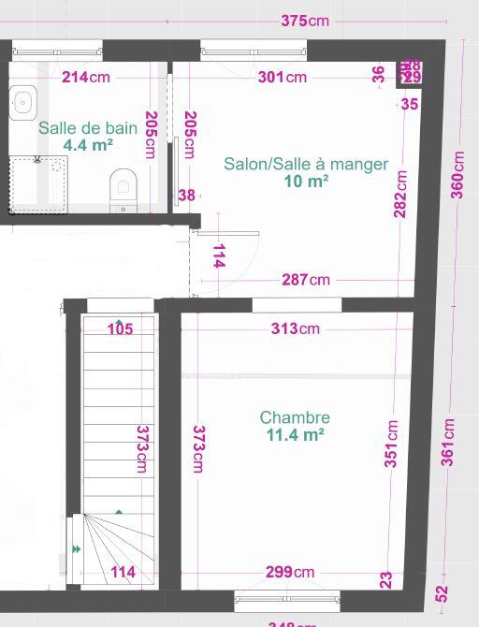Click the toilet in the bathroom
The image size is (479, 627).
click(x=123, y=186)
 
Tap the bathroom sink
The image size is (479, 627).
click(x=22, y=101)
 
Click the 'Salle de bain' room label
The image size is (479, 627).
click(x=88, y=128)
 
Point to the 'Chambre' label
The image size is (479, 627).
click(x=295, y=417)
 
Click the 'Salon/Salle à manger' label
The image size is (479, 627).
click(x=306, y=164)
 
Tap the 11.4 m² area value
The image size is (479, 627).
click(x=295, y=434)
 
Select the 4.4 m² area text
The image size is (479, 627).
click(x=88, y=145)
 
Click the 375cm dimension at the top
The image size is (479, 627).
click(x=305, y=21)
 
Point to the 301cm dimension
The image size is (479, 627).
click(x=283, y=77)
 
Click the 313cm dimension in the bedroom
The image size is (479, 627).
click(x=296, y=328)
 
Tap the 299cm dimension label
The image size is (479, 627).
click(x=290, y=572)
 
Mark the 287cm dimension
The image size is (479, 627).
click(x=306, y=279)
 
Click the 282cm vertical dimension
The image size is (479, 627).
click(x=401, y=194)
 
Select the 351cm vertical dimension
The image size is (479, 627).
click(x=391, y=444)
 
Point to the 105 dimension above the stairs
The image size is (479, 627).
click(x=120, y=328)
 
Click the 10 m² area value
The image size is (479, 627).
click(x=306, y=182)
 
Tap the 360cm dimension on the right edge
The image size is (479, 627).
click(x=457, y=174)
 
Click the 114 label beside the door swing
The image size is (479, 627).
click(x=219, y=256)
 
